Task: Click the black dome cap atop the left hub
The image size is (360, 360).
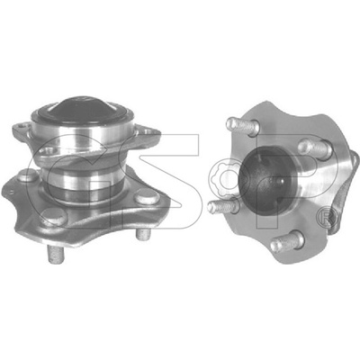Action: tap(81, 110)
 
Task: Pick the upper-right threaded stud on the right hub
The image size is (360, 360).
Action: tap(316, 148)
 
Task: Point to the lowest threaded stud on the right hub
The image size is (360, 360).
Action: tap(287, 242)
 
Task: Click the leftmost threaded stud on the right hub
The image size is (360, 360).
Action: tap(223, 205)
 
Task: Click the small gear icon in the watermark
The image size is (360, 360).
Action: tap(225, 178)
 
